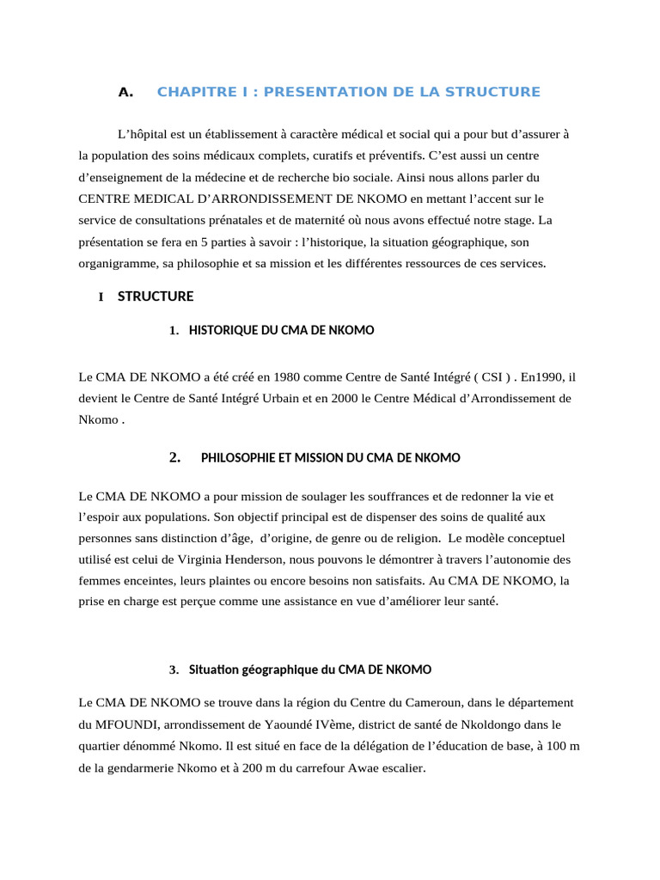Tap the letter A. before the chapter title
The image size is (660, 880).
(x=126, y=92)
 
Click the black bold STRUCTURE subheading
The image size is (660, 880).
(x=156, y=296)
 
